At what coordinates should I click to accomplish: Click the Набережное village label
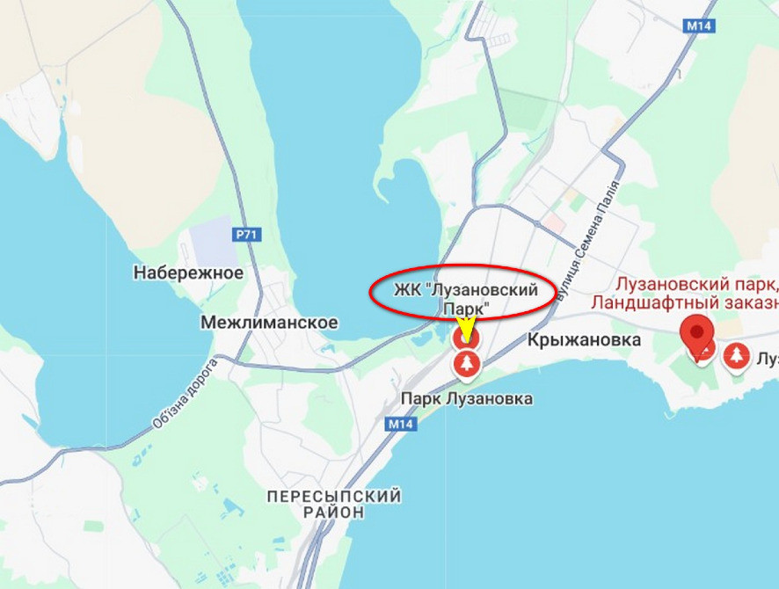[x=188, y=273]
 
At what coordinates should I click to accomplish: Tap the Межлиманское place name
[x=269, y=323]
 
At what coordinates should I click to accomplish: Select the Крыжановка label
[x=585, y=340]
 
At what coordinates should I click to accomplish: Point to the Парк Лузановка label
[x=467, y=398]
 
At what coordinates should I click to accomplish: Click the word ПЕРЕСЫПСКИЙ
[x=334, y=497]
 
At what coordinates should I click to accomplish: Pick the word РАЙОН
[x=333, y=513]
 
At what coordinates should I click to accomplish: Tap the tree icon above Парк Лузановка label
[x=467, y=363]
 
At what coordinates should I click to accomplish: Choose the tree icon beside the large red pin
[x=737, y=356]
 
